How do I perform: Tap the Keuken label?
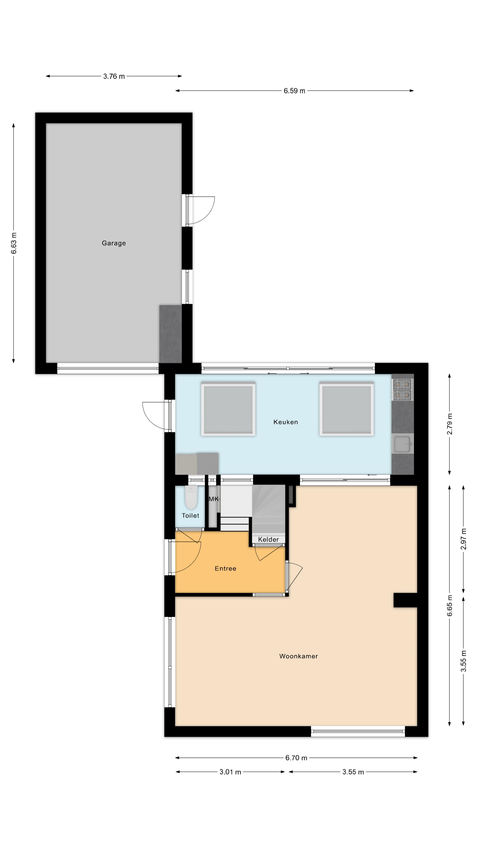tap(285, 422)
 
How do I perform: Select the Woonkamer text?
tap(298, 656)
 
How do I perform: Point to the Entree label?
tap(225, 568)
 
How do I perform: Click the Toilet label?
tap(190, 515)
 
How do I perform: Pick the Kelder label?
tap(268, 539)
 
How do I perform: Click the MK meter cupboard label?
tap(213, 499)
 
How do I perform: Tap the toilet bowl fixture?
tap(191, 497)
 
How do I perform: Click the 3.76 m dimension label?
tap(114, 76)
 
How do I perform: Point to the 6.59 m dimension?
tap(294, 91)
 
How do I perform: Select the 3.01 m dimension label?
tap(230, 772)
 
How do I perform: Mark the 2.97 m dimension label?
tap(463, 539)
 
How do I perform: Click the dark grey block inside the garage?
tap(170, 334)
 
